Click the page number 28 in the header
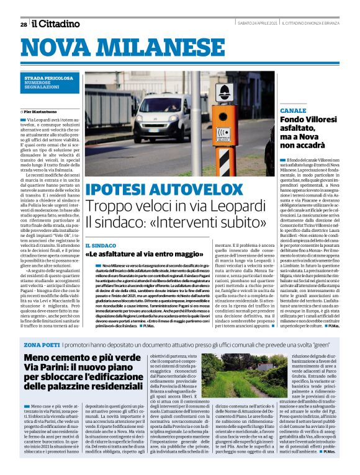[23, 24]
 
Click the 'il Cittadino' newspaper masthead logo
[56, 24]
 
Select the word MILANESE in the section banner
[175, 47]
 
